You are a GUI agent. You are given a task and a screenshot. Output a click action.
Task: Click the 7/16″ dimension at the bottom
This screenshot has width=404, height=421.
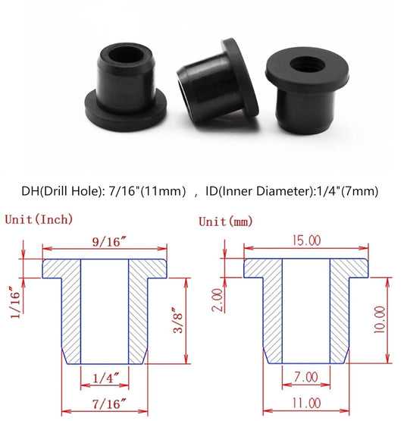104,405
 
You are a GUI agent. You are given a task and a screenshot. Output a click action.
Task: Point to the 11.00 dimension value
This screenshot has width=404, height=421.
307,405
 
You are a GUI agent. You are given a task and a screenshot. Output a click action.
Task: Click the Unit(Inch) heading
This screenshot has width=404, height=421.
39,220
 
